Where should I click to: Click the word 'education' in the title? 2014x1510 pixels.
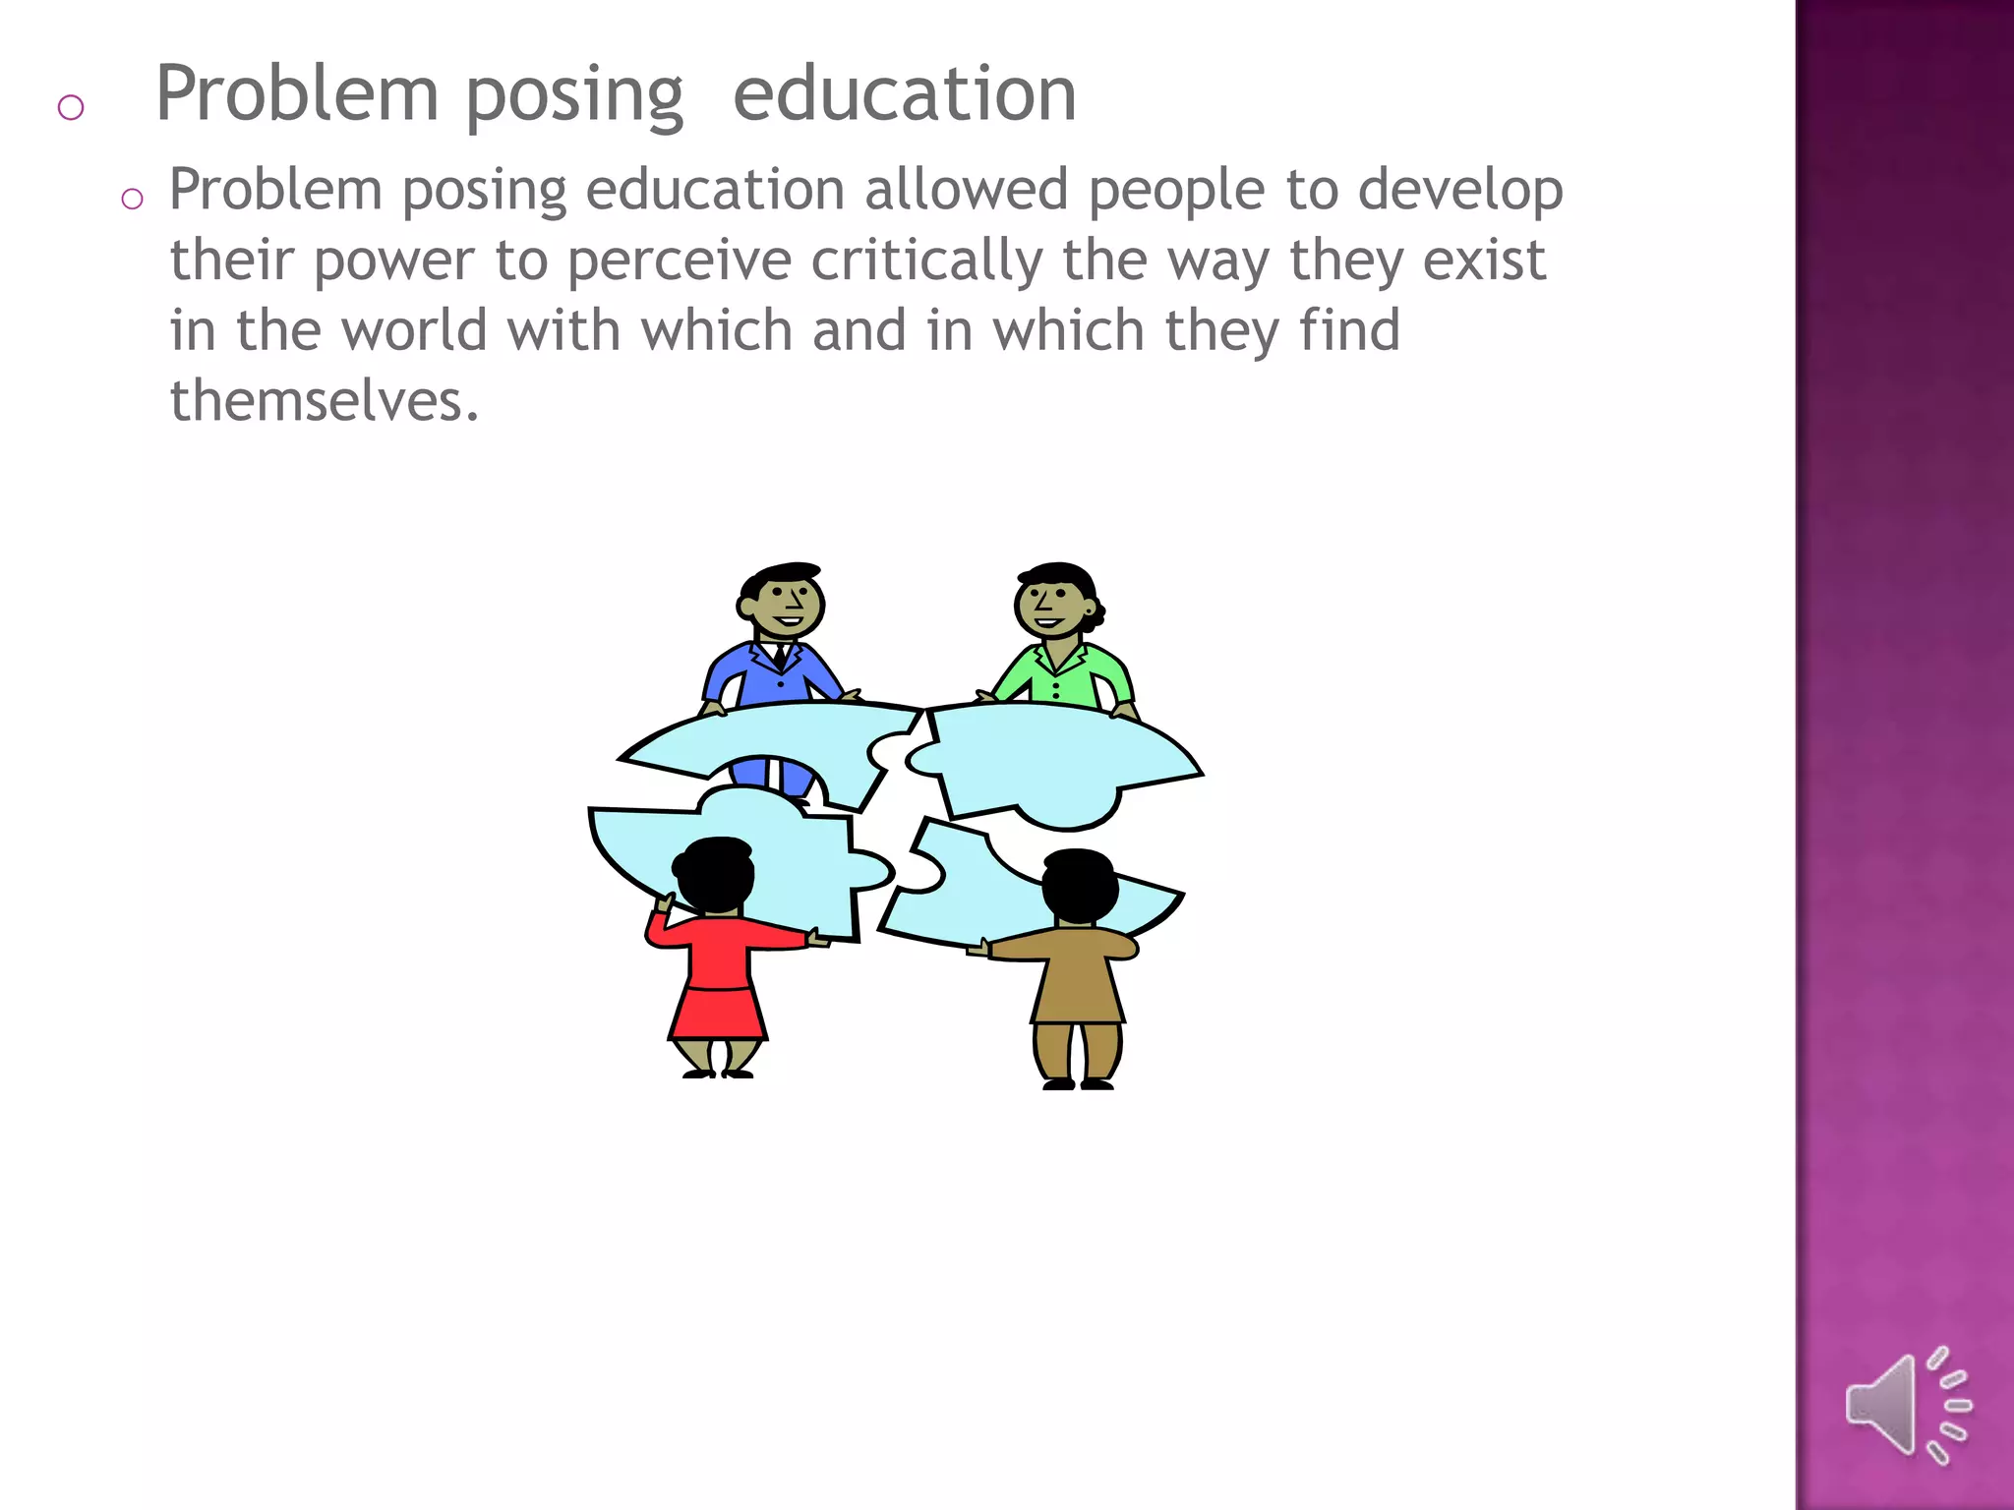click(x=905, y=94)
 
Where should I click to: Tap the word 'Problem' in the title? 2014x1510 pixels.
click(x=297, y=94)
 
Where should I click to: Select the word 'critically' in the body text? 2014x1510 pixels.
click(x=926, y=261)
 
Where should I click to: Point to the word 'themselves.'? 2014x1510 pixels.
click(x=325, y=401)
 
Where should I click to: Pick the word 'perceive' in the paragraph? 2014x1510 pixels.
click(x=680, y=261)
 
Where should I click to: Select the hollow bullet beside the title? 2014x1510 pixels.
click(x=71, y=106)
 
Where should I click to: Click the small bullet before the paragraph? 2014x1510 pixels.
click(x=132, y=200)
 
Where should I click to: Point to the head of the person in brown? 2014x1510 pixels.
click(x=1079, y=885)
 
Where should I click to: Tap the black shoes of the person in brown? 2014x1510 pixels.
click(x=1078, y=1083)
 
